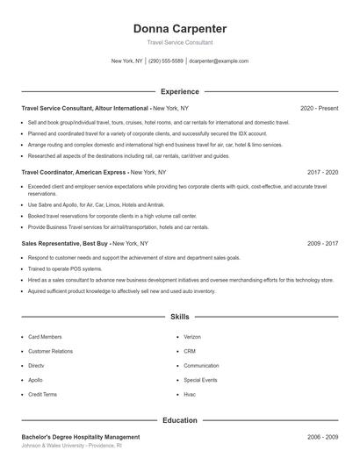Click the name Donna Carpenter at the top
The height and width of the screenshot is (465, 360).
[x=179, y=28]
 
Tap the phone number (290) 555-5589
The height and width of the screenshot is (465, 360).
[x=166, y=61]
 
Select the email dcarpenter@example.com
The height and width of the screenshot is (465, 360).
[x=219, y=61]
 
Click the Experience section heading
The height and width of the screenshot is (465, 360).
[x=179, y=91]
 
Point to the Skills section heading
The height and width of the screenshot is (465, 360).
[x=179, y=316]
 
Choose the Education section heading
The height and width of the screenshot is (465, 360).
[x=179, y=420]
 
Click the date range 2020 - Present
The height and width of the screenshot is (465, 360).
[x=319, y=108]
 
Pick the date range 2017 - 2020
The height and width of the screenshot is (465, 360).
[x=322, y=173]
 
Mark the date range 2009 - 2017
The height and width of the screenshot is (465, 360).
[x=322, y=243]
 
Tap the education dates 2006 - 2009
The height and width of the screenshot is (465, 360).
[x=322, y=436]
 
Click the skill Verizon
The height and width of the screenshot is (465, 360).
[x=192, y=337]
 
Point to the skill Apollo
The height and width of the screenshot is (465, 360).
[x=35, y=380]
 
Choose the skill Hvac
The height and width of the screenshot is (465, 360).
[x=190, y=395]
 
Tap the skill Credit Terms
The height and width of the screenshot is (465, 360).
[x=42, y=395]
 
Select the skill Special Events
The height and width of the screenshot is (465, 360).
[x=199, y=380]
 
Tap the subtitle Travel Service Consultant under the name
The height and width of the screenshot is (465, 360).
[x=179, y=42]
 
